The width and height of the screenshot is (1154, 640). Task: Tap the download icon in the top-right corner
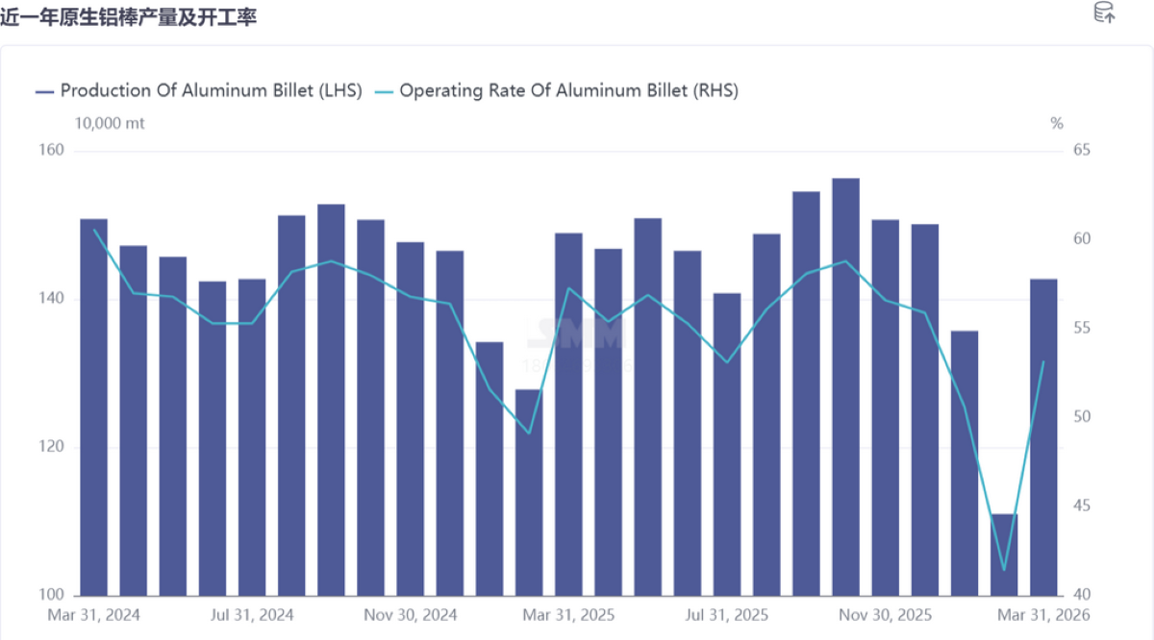coord(1104,13)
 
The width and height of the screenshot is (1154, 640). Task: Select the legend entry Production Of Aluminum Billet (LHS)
coord(198,90)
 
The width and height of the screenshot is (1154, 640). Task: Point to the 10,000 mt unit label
coord(110,123)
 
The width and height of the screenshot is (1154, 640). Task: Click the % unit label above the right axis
coord(1057,123)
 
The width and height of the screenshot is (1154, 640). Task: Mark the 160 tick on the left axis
coord(52,151)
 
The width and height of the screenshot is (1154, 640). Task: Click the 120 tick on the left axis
coord(52,447)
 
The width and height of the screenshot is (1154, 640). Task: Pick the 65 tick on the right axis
coord(1081,151)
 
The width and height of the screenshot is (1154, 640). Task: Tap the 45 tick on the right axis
coord(1081,506)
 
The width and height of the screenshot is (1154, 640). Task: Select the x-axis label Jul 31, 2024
coord(252,614)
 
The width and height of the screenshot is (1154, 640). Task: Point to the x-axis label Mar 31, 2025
coord(568,614)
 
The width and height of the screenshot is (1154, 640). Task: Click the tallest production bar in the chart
coord(845,384)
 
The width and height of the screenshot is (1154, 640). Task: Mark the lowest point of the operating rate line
coord(1004,570)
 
